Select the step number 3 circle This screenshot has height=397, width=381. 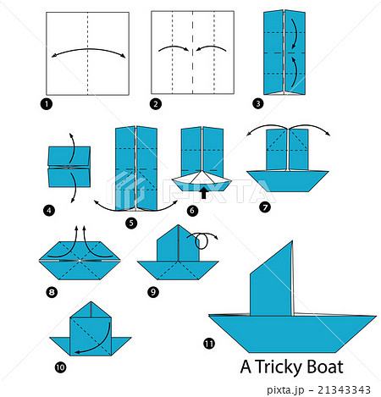click(x=257, y=104)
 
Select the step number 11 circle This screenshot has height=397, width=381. click(x=208, y=344)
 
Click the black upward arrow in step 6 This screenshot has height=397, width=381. click(x=202, y=192)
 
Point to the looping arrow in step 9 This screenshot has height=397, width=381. click(x=203, y=241)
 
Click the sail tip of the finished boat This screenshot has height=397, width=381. click(x=292, y=242)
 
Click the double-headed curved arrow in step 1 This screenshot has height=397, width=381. click(x=89, y=52)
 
